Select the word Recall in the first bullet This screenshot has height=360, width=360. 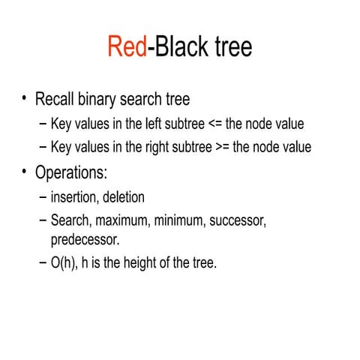[x=60, y=99]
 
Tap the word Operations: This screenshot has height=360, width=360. [x=72, y=172]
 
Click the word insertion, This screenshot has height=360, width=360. [x=75, y=198]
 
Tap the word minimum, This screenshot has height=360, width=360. [x=184, y=222]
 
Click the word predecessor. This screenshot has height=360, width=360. [x=85, y=240]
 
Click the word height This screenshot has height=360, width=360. [x=145, y=263]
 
